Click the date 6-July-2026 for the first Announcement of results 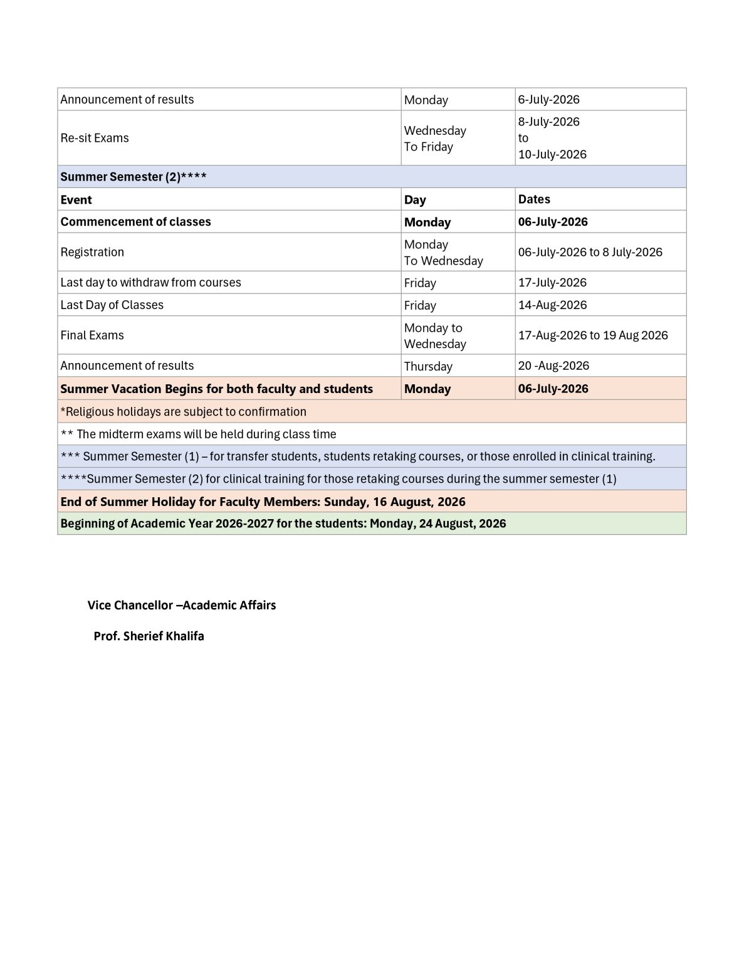point(548,100)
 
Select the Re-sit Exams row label point(95,138)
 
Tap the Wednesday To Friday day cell point(435,139)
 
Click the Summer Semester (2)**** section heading point(134,177)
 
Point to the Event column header point(76,199)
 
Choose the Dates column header point(534,199)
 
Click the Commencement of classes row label point(135,222)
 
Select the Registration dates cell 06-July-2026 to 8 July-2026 point(590,252)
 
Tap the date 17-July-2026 point(552,283)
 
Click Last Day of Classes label point(112,305)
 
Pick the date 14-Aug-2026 point(552,305)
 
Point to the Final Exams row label point(92,335)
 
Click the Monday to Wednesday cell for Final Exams point(435,335)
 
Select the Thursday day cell point(428,366)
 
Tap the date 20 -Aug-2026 point(553,366)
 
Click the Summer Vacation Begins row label point(216,389)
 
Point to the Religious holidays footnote point(183,412)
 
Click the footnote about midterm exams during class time point(198,434)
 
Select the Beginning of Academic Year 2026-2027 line point(283,524)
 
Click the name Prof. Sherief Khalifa point(149,636)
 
